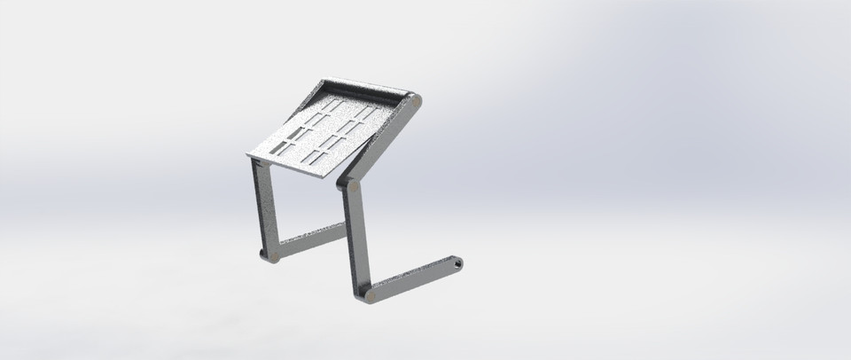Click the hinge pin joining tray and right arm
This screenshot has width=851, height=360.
pos(415,102)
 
